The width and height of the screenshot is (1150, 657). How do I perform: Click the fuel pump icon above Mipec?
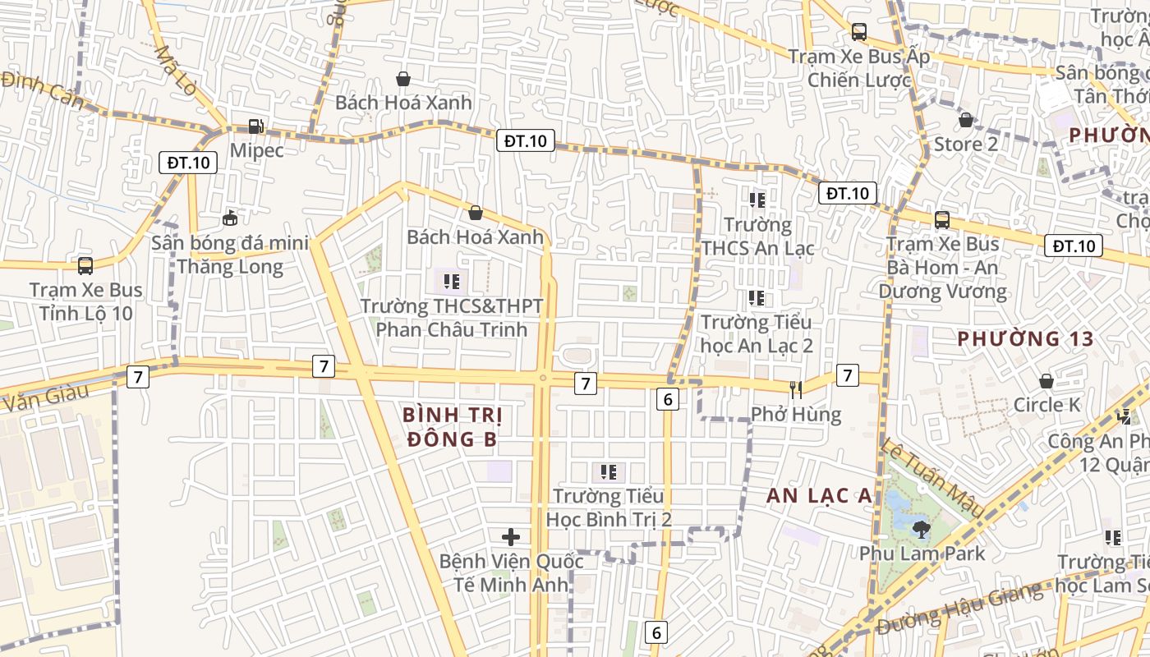tap(256, 126)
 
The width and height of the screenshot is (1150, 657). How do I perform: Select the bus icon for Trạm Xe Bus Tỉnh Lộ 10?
tap(85, 266)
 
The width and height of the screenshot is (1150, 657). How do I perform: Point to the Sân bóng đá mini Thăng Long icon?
tap(230, 218)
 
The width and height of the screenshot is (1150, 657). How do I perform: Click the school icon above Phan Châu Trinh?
tap(451, 282)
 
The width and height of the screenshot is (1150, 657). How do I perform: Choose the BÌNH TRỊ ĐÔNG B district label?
tap(453, 427)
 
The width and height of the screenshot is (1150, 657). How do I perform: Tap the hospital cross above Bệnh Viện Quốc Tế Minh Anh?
tap(511, 537)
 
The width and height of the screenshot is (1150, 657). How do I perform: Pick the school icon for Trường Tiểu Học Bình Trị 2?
tap(609, 471)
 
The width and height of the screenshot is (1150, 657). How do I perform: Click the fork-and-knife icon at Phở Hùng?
tap(795, 389)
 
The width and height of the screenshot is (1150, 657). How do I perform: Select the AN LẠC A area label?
tap(819, 495)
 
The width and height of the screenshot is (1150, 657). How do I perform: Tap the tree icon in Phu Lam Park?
tap(921, 529)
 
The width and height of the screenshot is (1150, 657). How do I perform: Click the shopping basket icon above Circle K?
tap(1046, 381)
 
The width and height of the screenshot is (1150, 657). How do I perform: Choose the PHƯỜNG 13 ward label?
tap(1025, 338)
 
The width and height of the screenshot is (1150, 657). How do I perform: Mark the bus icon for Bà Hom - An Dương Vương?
tap(942, 220)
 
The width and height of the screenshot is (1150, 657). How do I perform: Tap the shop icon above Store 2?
tap(966, 120)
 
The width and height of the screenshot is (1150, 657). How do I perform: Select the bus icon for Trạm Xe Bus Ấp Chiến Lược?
tap(858, 32)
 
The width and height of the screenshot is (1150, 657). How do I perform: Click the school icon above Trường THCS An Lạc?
tap(757, 200)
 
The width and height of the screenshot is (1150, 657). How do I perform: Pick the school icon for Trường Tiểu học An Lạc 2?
tap(757, 298)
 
